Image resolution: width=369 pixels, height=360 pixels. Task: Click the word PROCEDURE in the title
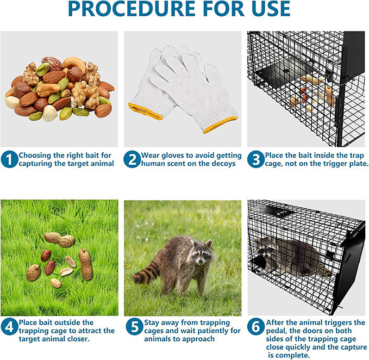(x=132, y=9)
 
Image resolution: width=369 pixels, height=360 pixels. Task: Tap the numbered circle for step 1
(x=9, y=159)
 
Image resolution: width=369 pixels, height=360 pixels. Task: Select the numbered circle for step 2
(x=132, y=159)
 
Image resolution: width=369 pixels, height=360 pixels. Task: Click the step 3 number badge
(x=256, y=159)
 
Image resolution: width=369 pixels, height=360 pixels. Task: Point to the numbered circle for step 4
(x=9, y=327)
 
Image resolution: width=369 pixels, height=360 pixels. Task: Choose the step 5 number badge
(x=134, y=327)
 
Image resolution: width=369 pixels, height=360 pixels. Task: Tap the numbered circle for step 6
(x=256, y=327)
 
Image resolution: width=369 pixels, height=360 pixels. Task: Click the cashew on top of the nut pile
(x=74, y=63)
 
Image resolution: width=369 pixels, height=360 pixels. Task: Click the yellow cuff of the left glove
(x=145, y=111)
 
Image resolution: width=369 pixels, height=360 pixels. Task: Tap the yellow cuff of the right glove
(x=220, y=125)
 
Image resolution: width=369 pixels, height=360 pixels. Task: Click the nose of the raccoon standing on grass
(x=201, y=262)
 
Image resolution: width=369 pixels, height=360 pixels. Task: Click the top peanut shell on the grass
(x=59, y=239)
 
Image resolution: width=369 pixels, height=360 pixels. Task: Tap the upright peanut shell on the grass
(x=85, y=264)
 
